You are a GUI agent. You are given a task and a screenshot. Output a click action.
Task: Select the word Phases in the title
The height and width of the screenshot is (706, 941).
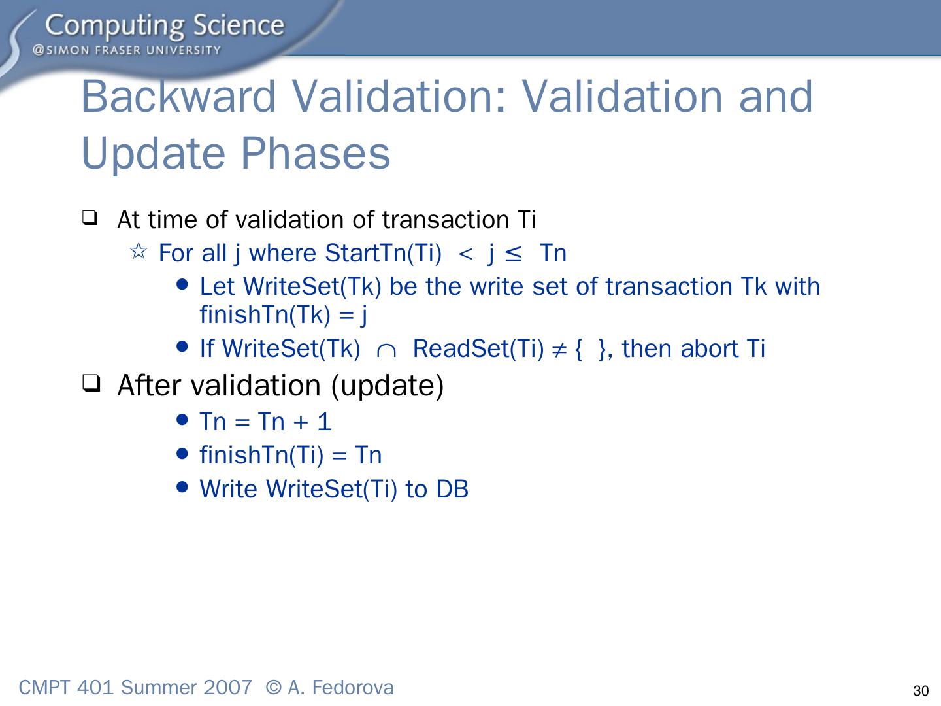pos(316,154)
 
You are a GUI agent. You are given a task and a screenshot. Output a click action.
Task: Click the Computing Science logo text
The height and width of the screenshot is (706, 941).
pos(165,25)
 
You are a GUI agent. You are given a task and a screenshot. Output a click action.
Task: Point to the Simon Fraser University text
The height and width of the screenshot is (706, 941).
pos(127,50)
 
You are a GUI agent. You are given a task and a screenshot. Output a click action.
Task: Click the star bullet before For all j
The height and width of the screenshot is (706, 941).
pos(139,251)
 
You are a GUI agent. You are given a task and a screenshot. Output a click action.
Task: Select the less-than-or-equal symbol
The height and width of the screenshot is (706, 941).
pos(513,254)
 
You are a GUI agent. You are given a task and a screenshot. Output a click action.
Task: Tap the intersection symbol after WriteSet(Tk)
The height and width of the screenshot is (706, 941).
pos(386,351)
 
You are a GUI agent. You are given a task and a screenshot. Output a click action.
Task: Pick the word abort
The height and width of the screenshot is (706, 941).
pos(709,348)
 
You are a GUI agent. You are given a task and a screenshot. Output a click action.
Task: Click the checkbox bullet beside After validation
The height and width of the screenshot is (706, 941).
pos(91,383)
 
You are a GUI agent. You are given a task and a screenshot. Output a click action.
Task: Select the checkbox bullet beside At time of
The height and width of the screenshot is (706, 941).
pos(90,218)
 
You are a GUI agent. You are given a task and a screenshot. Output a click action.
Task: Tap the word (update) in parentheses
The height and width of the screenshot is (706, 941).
pos(388,386)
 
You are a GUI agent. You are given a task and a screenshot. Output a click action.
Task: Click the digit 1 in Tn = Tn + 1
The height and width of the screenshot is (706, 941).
pos(325,422)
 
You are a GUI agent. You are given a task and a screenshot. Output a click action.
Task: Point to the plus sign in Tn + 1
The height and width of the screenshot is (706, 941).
pos(301,422)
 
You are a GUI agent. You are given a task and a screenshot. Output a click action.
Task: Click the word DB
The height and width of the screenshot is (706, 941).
pos(452,489)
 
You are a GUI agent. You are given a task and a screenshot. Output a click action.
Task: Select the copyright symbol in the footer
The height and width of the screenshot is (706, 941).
pos(274,688)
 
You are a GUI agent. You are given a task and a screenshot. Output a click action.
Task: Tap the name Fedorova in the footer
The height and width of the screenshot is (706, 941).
pos(352,688)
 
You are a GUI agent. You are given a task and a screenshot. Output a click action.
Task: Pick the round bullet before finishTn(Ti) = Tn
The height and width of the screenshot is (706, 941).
pos(182,453)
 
